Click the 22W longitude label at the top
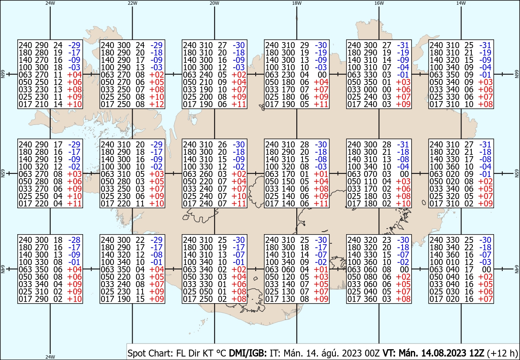(x=132, y=3)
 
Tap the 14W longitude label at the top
(x=461, y=3)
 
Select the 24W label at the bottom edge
(x=50, y=357)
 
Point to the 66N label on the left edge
(x=3, y=74)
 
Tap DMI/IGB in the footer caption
(x=248, y=353)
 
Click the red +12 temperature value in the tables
(x=157, y=105)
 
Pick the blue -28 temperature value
(x=74, y=240)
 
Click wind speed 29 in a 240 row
(x=305, y=45)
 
